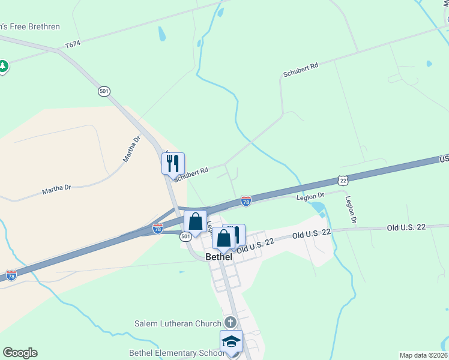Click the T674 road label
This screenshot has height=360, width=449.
73,44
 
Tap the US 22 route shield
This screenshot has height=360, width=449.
342,180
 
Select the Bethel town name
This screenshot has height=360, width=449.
218,256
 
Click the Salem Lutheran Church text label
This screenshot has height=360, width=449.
178,323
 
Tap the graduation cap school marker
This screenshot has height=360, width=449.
231,342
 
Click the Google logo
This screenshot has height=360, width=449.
20,353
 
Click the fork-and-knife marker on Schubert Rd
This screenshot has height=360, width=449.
173,163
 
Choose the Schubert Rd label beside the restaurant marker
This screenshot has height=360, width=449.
191,173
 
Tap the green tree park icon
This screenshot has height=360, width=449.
3,65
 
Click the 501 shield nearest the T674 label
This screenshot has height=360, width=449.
104,91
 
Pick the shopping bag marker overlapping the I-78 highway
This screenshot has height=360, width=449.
196,221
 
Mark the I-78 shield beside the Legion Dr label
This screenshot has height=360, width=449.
246,201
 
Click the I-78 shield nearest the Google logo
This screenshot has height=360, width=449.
11,275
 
